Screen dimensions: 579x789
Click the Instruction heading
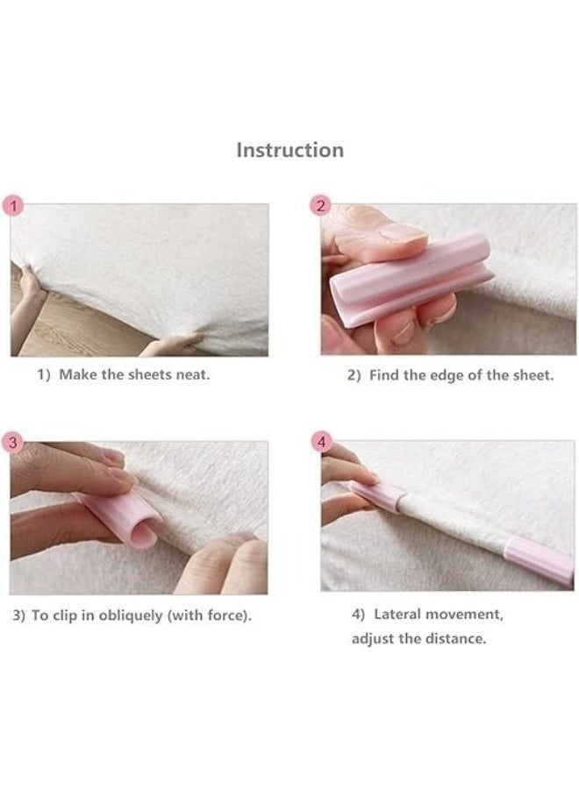click(x=290, y=150)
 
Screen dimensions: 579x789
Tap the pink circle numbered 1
click(x=13, y=206)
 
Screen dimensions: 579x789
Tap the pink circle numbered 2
click(x=321, y=206)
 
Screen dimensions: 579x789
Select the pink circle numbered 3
click(x=13, y=443)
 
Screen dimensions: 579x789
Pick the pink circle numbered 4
click(x=321, y=443)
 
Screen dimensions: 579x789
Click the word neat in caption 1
click(x=192, y=375)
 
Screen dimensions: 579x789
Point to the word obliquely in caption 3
click(x=131, y=616)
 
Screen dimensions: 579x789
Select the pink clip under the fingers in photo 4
click(x=376, y=495)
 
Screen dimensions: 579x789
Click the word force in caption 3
click(x=230, y=615)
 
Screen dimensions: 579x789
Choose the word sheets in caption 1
click(x=149, y=375)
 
